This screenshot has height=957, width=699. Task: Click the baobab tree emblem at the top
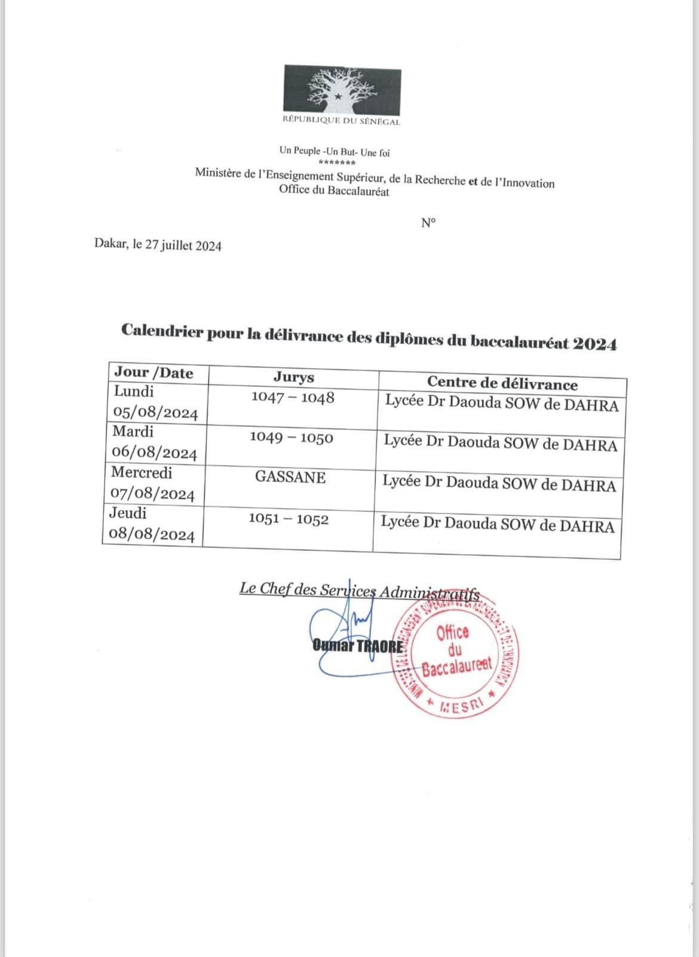341,91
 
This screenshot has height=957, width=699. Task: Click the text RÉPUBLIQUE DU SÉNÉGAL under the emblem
341,122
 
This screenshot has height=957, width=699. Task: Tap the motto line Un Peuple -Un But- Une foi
335,152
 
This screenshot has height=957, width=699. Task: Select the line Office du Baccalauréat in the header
334,191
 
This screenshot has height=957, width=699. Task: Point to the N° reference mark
428,223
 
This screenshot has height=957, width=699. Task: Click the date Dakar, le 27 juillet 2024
158,245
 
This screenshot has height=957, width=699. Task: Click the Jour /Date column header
154,373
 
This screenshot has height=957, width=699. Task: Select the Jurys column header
293,377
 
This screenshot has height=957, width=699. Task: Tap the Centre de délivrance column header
502,383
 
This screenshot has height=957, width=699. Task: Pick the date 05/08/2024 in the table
155,413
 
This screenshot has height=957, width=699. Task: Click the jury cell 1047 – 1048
293,398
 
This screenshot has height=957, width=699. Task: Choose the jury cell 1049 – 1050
292,438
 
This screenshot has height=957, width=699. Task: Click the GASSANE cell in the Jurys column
290,477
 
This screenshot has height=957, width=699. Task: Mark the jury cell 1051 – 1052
289,519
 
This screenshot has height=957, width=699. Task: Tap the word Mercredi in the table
142,472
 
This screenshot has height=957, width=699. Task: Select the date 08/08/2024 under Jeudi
152,535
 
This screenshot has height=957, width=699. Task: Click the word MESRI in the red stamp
460,706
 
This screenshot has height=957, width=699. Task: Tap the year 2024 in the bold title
594,344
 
